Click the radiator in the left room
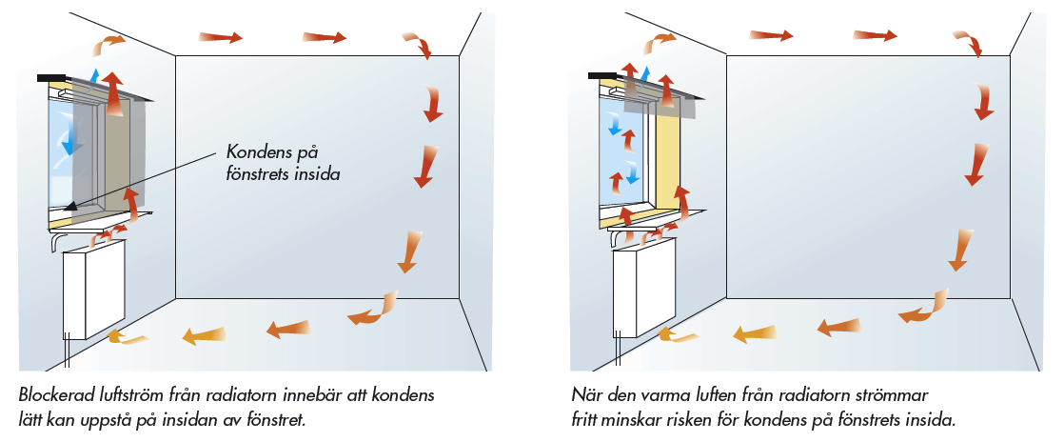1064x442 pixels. click(x=93, y=291)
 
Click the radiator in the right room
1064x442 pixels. click(x=645, y=291)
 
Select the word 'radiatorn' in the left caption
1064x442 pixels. click(x=270, y=394)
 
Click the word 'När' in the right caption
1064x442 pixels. click(x=585, y=394)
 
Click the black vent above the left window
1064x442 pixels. click(x=50, y=77)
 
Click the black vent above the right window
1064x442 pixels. click(x=601, y=76)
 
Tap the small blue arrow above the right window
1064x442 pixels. click(x=647, y=73)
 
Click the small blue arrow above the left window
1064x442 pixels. click(x=93, y=75)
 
